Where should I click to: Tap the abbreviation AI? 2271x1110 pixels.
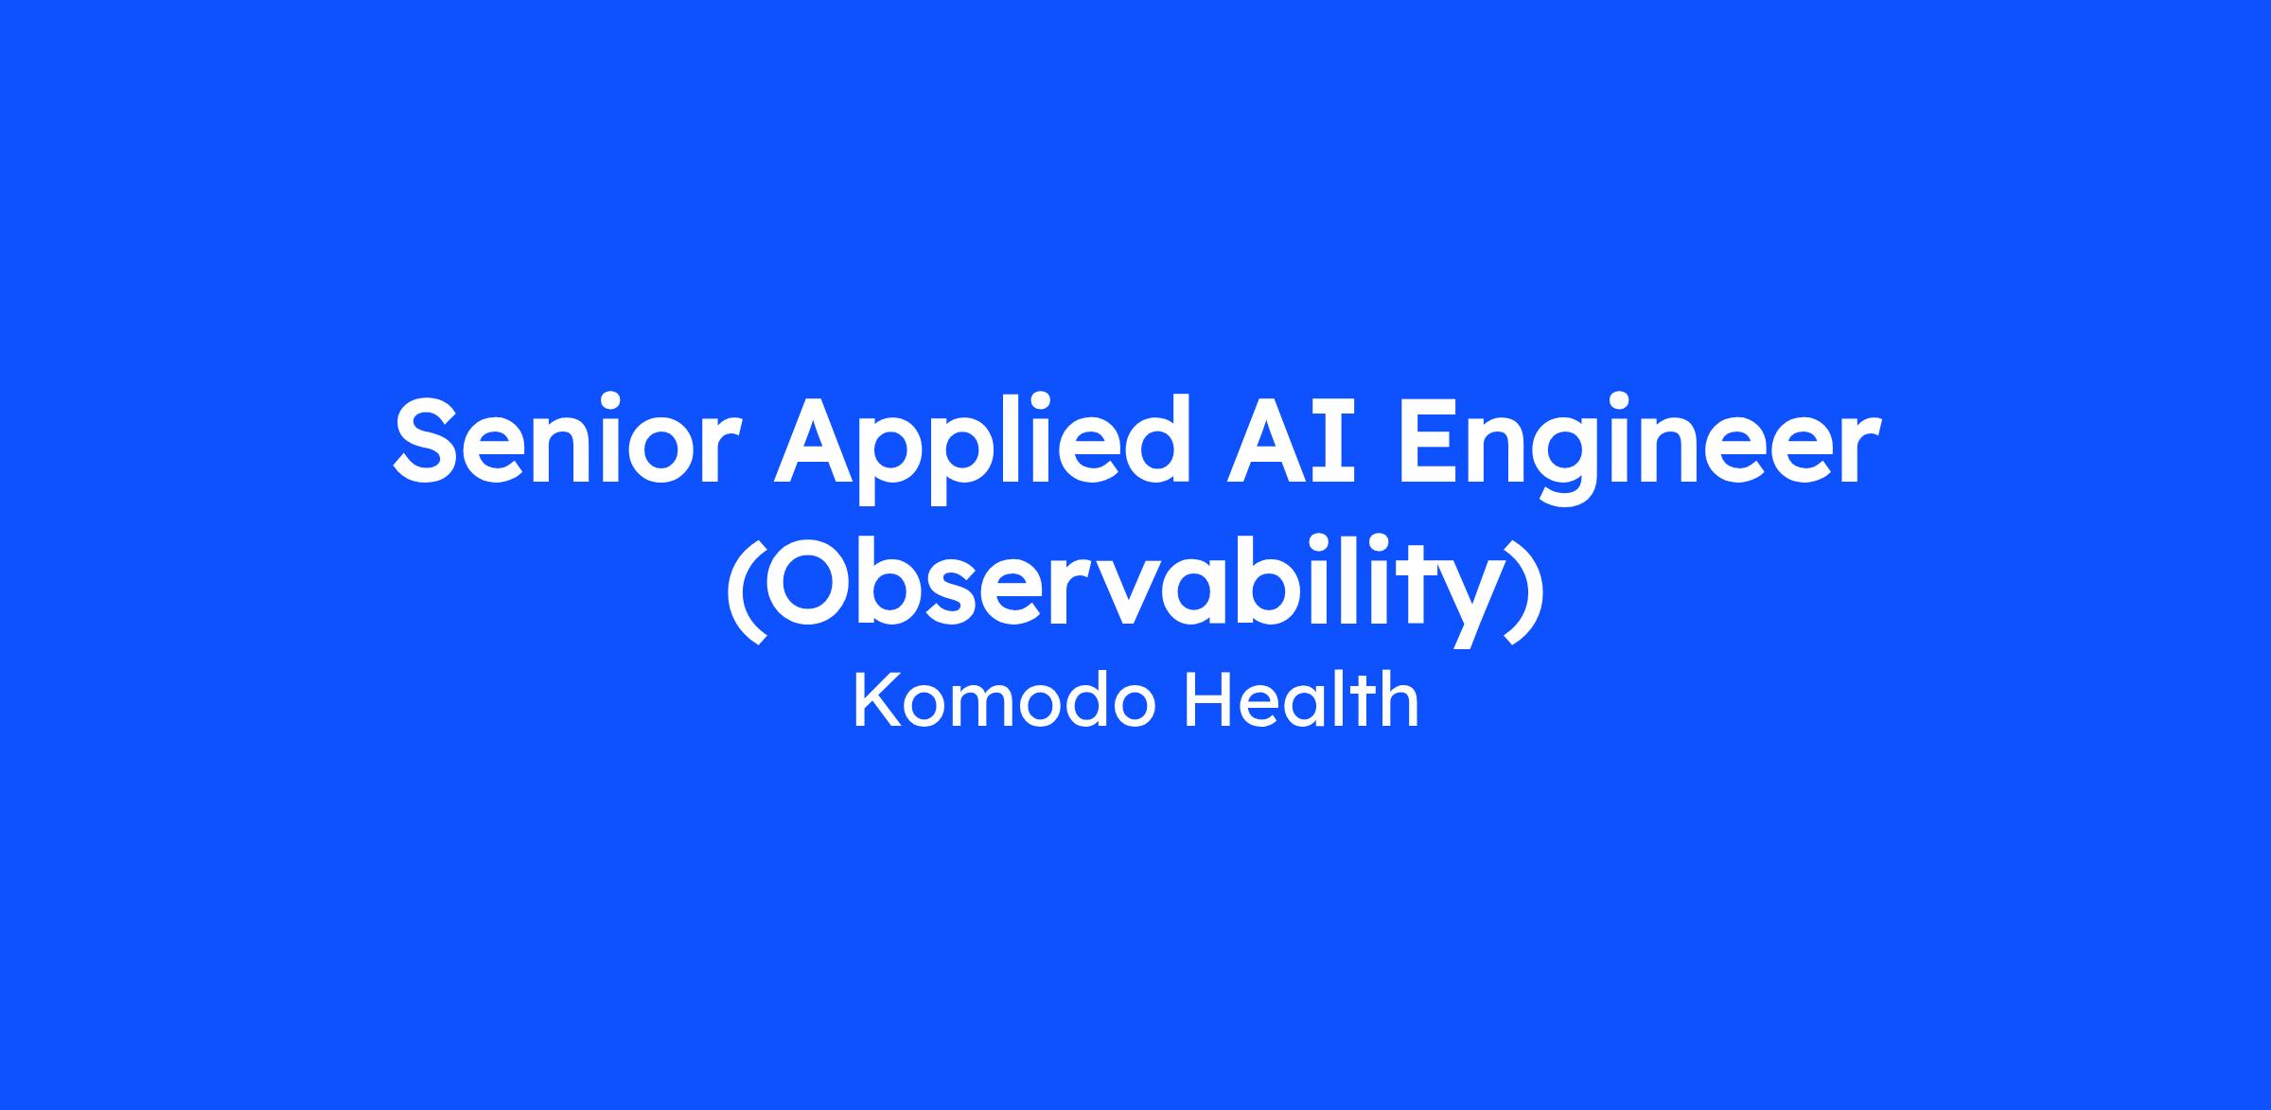tap(1292, 439)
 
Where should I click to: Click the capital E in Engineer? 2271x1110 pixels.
tap(1425, 439)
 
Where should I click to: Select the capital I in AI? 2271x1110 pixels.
tap(1340, 439)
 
